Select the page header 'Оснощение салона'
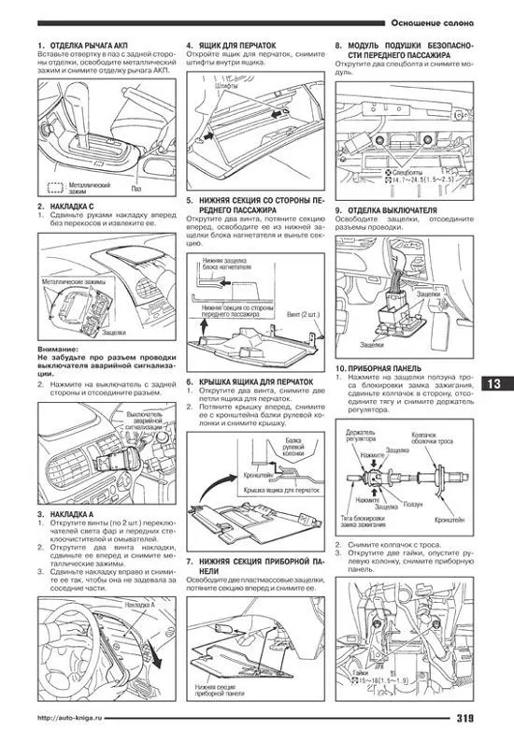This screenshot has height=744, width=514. (x=430, y=21)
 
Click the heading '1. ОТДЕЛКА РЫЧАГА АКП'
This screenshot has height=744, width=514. (x=85, y=46)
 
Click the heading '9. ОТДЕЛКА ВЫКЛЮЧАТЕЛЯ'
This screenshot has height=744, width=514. (x=392, y=211)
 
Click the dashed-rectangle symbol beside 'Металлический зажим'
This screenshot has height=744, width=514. (x=54, y=187)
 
